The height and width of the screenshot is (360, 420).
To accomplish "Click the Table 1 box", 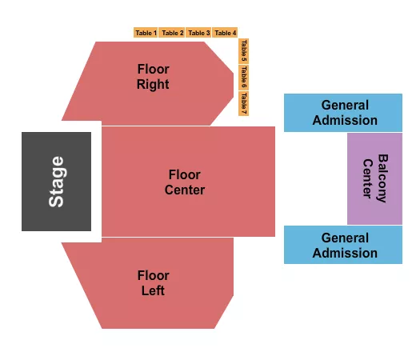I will [146, 33].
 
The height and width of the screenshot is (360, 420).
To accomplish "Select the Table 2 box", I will [172, 33].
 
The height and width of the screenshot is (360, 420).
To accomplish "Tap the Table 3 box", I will [199, 33].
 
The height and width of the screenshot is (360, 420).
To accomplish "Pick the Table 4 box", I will [226, 33].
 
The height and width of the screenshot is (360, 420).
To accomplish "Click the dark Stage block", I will [56, 182].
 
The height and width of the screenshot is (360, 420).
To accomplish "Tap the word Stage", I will [57, 182].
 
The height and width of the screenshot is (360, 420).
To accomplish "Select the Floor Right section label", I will [153, 77].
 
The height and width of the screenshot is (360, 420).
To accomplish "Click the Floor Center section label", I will [185, 182].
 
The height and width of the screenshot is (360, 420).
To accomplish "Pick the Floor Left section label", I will [153, 283].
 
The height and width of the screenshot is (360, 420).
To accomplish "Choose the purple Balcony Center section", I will [374, 178].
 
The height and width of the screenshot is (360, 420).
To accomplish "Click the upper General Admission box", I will [343, 113].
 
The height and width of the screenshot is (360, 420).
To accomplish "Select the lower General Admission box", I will [343, 245].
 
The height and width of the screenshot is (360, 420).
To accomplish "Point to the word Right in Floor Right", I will [153, 85].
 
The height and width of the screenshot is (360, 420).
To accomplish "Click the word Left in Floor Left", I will [153, 291].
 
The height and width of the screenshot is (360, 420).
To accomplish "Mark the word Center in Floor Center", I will [185, 190].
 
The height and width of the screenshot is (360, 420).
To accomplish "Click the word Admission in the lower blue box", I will [345, 253].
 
